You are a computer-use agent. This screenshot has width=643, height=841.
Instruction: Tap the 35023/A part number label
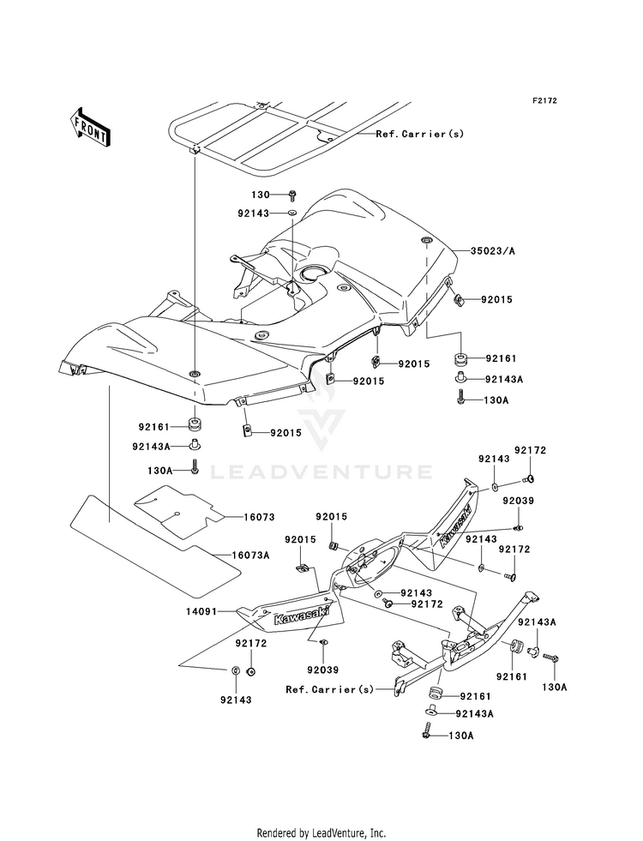pyautogui.click(x=492, y=250)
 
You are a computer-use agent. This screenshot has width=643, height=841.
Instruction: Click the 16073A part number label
pyautogui.click(x=250, y=556)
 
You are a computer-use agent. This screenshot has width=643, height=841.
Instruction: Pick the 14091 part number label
pyautogui.click(x=201, y=610)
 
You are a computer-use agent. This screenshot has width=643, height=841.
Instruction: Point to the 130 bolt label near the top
pyautogui.click(x=260, y=195)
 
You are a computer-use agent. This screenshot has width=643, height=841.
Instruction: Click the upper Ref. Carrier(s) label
pyautogui.click(x=419, y=134)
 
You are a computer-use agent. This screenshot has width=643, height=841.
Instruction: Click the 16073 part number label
pyautogui.click(x=259, y=517)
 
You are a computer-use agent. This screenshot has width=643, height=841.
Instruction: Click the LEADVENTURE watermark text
pyautogui.click(x=321, y=472)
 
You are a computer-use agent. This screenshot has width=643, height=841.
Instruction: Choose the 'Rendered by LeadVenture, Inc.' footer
pyautogui.click(x=321, y=832)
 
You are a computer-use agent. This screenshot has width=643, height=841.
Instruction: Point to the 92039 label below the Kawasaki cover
pyautogui.click(x=323, y=670)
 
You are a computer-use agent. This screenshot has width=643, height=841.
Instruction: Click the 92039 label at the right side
pyautogui.click(x=519, y=501)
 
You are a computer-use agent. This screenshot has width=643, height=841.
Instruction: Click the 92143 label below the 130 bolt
pyautogui.click(x=254, y=213)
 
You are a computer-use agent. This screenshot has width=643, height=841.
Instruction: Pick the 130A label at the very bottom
pyautogui.click(x=462, y=736)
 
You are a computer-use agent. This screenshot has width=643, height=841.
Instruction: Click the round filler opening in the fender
pyautogui.click(x=315, y=274)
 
